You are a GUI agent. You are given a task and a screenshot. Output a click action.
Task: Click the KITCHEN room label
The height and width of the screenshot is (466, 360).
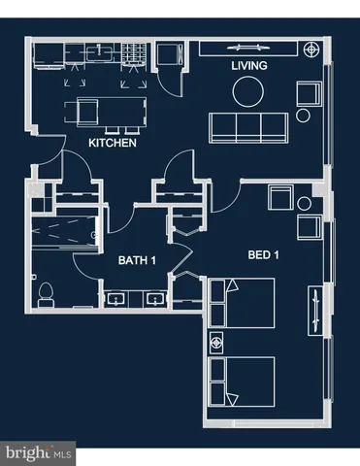coord(112,143)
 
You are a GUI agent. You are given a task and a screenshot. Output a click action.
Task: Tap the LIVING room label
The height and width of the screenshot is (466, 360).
coord(249,66)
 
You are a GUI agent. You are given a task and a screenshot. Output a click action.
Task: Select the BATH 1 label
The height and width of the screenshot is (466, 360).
coord(139,260)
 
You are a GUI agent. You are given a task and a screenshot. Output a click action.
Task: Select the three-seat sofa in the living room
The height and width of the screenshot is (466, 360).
coord(248,126)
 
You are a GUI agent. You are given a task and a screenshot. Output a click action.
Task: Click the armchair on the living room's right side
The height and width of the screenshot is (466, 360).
coord(310,94)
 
